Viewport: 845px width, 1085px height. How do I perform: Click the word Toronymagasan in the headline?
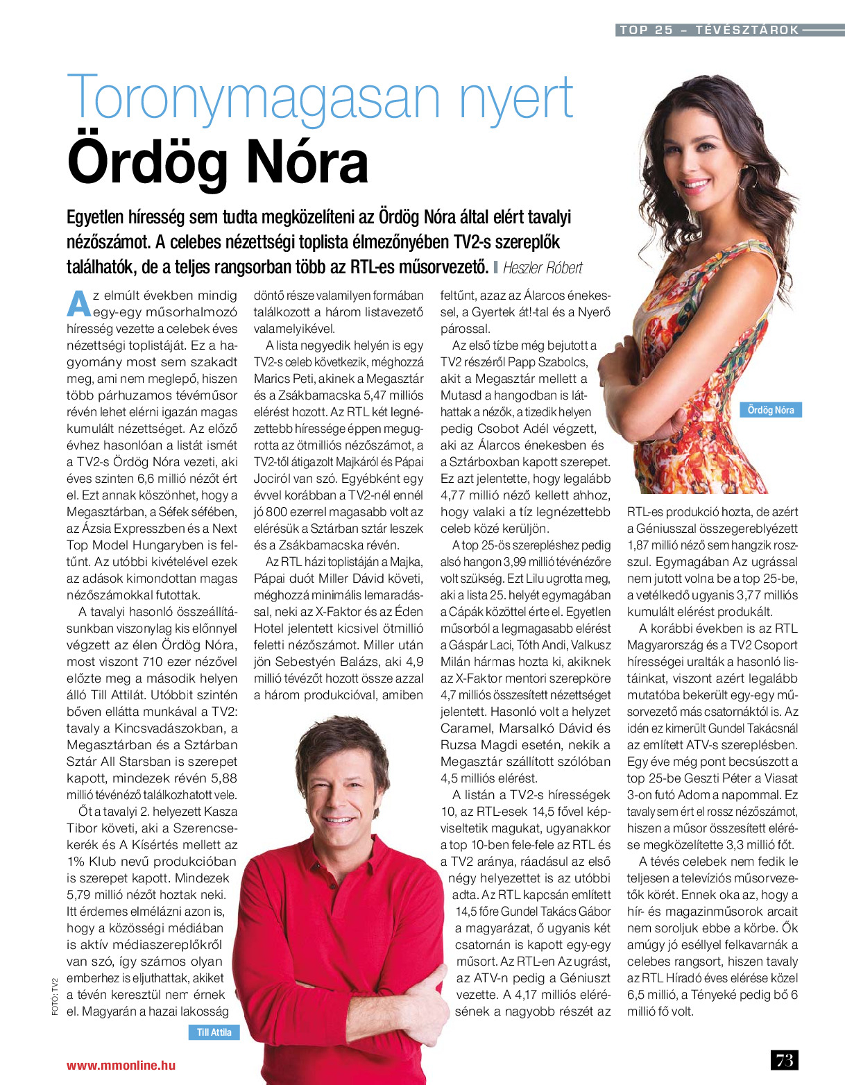[254, 98]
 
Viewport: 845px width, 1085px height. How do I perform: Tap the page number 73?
[785, 1060]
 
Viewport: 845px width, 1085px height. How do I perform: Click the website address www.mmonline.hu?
[121, 1066]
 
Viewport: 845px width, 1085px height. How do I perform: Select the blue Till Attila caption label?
[214, 1032]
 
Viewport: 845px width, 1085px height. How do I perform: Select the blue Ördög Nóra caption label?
[770, 410]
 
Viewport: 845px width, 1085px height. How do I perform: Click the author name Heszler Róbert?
[543, 268]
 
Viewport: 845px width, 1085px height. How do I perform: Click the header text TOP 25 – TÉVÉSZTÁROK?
[709, 30]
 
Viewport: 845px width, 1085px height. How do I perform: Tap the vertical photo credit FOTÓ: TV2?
[55, 997]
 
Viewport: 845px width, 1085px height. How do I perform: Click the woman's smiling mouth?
[697, 185]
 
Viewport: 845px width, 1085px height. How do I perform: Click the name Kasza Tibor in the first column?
[207, 812]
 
